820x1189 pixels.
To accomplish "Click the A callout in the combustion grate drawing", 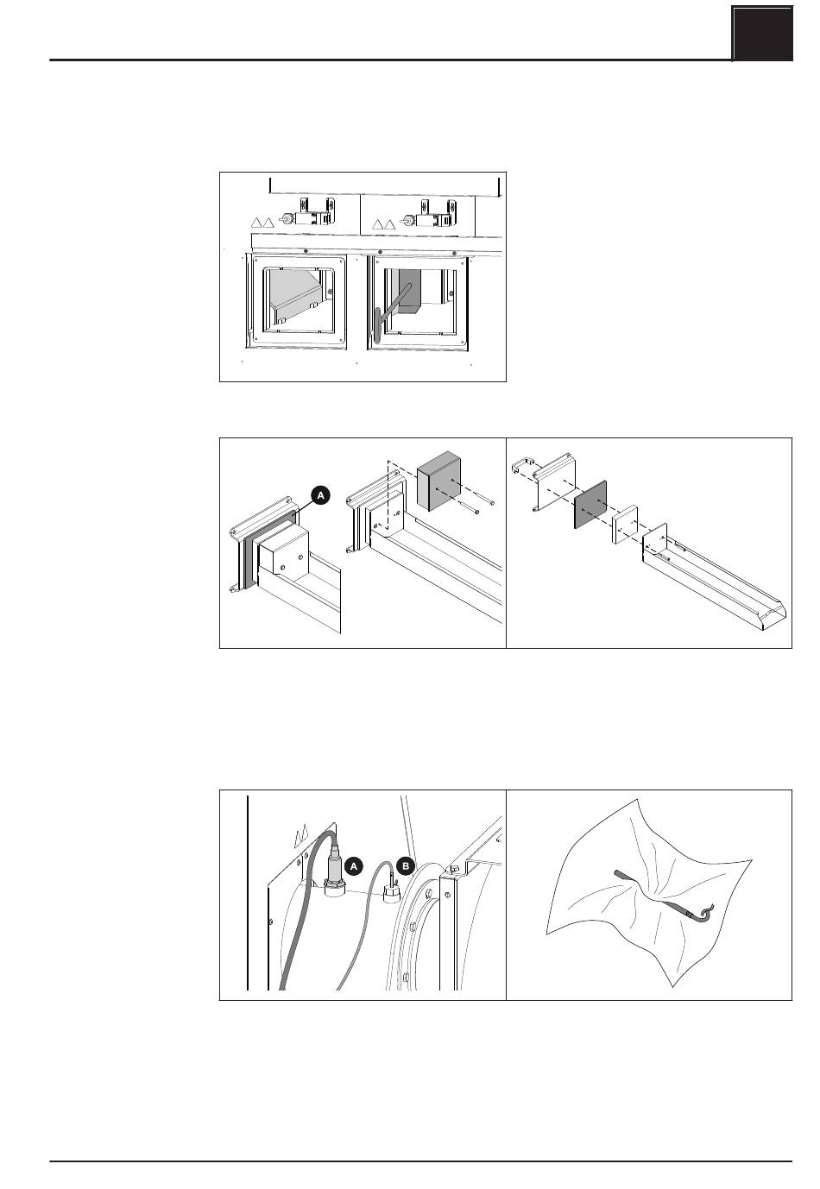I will point(320,495).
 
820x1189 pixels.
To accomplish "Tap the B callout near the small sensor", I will point(407,864).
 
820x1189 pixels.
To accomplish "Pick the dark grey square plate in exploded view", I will point(590,506).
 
